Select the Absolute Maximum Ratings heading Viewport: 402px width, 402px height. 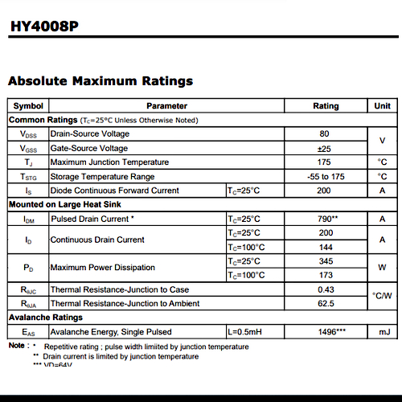pos(100,80)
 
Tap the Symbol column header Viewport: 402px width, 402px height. pos(28,106)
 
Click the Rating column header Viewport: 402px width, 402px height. pos(326,106)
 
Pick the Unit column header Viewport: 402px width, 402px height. pos(382,106)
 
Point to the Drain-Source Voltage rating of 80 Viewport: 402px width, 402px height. pos(325,133)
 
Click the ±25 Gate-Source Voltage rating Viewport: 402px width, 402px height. pos(325,148)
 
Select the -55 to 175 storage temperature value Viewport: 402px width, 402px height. pos(325,176)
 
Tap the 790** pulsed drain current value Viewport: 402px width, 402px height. pos(325,219)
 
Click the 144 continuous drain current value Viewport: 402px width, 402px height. pos(325,247)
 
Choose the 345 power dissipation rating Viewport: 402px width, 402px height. pos(325,261)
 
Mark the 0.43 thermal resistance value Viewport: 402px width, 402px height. pos(325,289)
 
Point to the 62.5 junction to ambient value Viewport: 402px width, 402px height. pos(325,303)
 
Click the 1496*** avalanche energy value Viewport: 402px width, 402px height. pos(325,331)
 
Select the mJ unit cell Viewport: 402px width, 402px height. pos(383,331)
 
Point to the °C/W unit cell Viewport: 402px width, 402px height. pos(383,296)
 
